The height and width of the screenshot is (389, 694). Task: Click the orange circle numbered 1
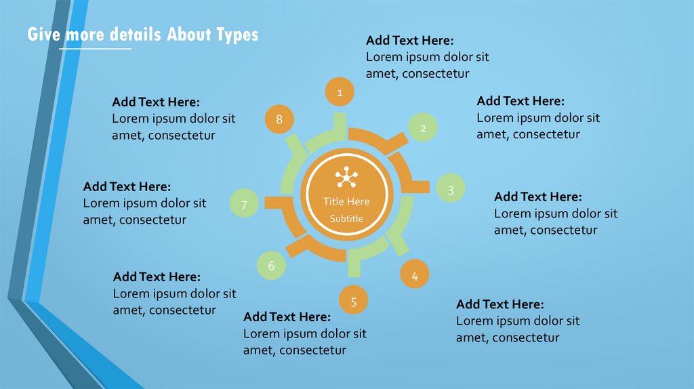coord(340,91)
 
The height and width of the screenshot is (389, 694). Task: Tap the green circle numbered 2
coord(423,127)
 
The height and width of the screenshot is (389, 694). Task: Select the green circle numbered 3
coord(451,190)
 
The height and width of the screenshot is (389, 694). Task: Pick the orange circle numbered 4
coord(415,275)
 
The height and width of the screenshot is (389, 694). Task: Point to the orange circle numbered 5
coord(354,300)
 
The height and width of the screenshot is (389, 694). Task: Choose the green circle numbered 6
coord(271,266)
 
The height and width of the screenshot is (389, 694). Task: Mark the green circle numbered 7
coord(244,204)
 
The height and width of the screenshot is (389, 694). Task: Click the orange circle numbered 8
coord(279,120)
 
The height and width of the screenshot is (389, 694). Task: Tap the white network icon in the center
coord(346,178)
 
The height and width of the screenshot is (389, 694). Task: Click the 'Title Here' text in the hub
coord(346,201)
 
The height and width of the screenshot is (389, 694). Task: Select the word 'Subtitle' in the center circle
coord(346,218)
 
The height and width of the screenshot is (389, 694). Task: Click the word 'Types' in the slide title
coord(237,35)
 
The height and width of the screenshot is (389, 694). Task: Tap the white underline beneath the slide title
coord(95,49)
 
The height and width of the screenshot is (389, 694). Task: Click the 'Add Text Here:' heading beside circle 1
coord(409,40)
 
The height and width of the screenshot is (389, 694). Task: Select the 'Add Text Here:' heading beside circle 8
coord(156,102)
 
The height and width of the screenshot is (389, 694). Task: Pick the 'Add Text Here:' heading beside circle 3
coord(537,197)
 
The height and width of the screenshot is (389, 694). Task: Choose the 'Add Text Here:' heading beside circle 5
coord(287,316)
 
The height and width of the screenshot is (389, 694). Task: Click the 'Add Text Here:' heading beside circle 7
coord(127,186)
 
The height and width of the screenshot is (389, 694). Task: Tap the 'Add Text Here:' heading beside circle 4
coord(499,304)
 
